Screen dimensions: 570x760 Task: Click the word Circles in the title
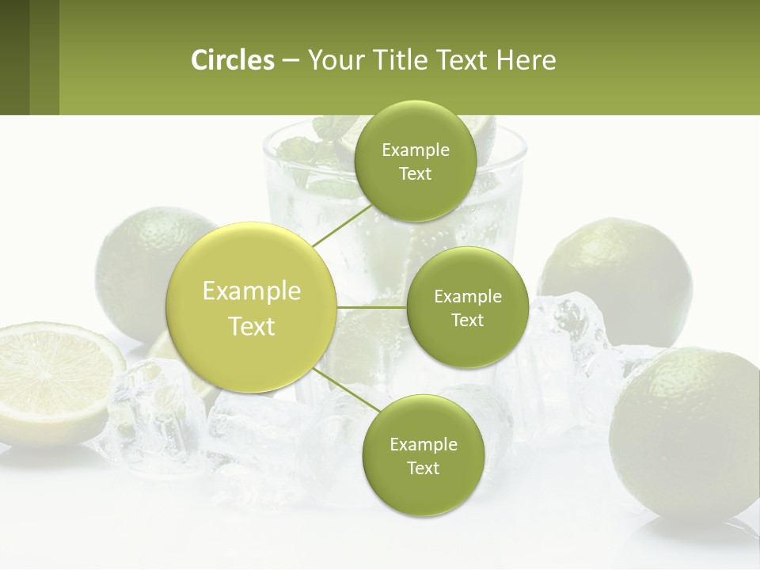pyautogui.click(x=232, y=60)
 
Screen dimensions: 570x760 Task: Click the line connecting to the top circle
pyautogui.click(x=342, y=225)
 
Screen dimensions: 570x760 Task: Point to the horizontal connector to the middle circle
pyautogui.click(x=371, y=306)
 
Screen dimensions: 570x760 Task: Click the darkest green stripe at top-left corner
pyautogui.click(x=14, y=57)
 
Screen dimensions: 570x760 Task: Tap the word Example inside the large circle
pyautogui.click(x=251, y=291)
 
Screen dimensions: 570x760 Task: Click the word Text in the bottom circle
pyautogui.click(x=423, y=468)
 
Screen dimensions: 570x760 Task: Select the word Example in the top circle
pyautogui.click(x=415, y=150)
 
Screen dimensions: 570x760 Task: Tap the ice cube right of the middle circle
pyautogui.click(x=566, y=332)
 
